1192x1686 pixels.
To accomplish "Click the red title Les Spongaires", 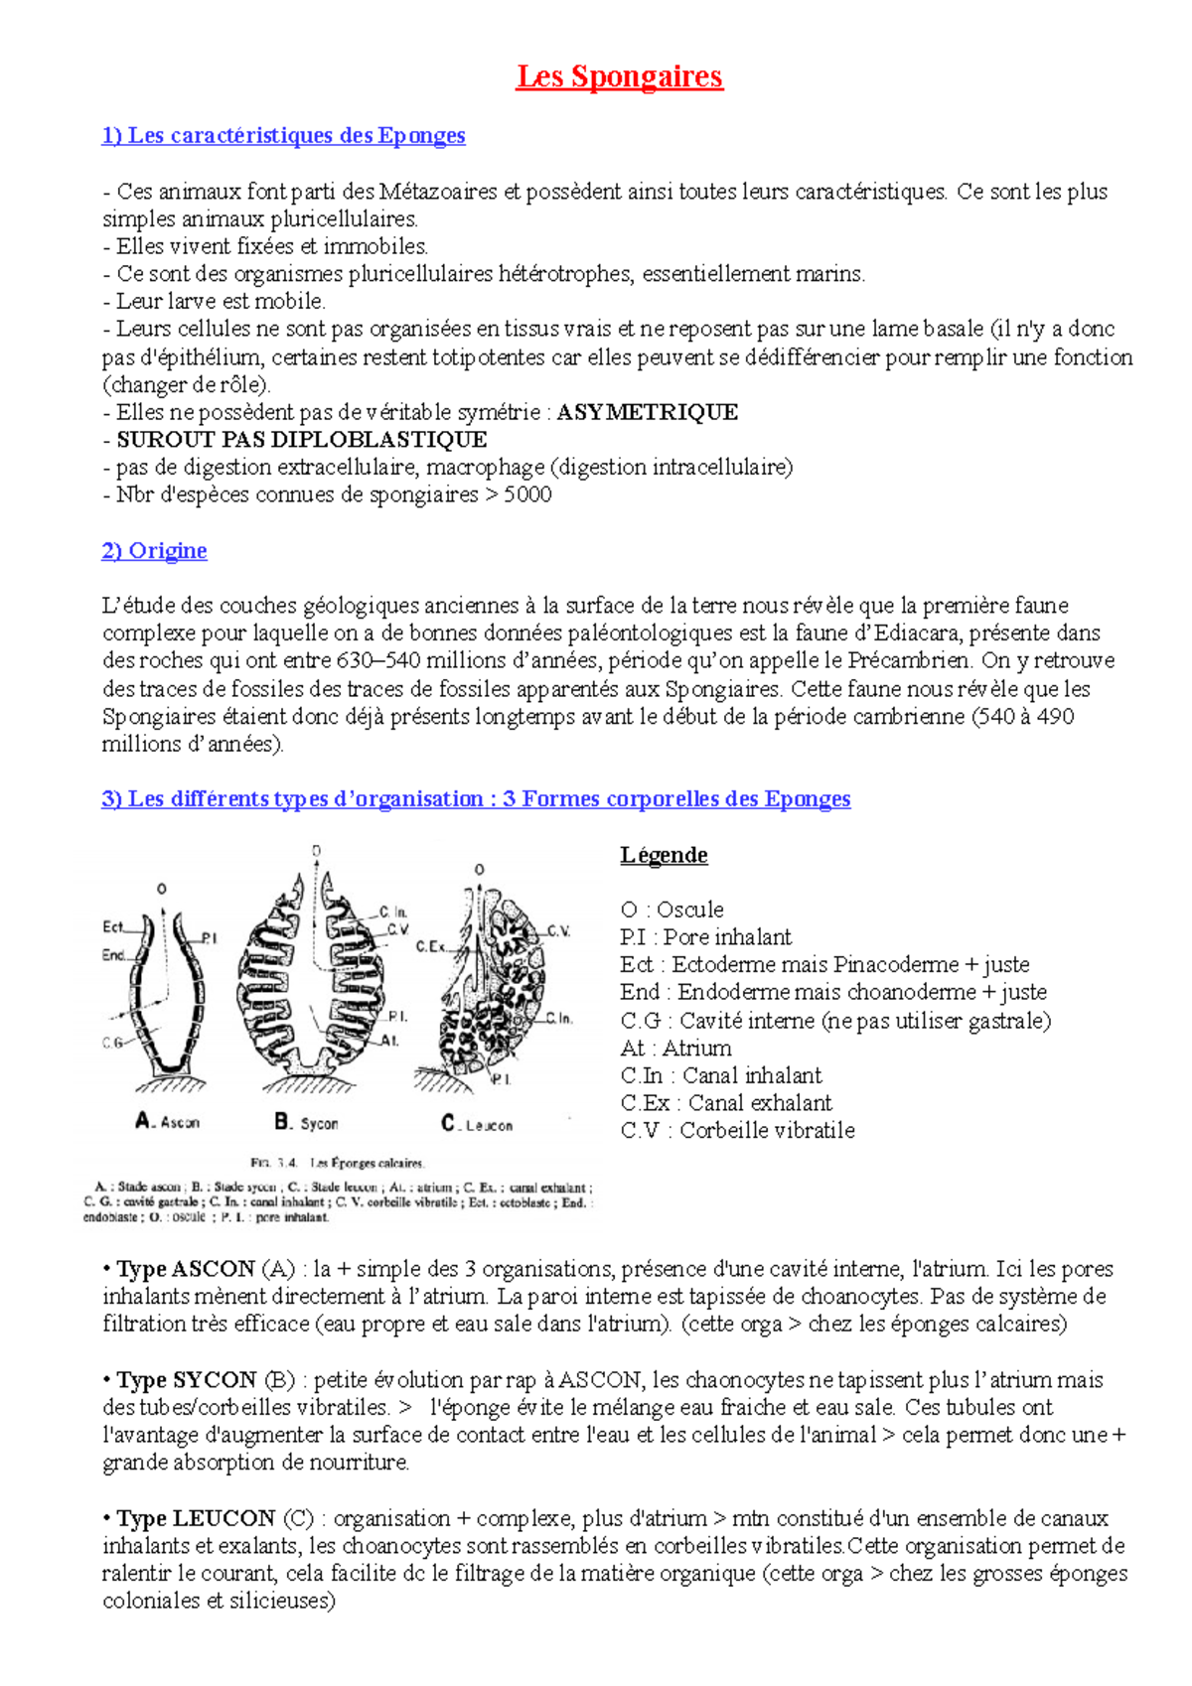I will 619,76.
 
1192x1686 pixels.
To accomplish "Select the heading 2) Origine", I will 154,550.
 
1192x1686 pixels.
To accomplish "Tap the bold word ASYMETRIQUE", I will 647,412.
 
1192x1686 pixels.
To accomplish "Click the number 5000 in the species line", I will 527,494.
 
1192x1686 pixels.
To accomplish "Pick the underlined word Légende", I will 664,855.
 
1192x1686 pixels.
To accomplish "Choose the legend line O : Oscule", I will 671,910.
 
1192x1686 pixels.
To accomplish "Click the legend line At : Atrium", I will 675,1048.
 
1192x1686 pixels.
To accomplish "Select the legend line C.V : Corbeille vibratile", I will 737,1130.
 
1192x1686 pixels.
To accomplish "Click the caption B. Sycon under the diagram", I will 306,1123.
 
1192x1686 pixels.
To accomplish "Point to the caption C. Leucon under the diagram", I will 477,1124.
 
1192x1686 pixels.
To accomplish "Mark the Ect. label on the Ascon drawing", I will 113,926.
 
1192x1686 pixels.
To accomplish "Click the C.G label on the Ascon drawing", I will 112,1043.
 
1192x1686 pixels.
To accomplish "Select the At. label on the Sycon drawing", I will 390,1041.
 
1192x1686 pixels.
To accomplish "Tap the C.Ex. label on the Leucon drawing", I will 430,946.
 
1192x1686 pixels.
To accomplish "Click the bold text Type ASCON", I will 186,1269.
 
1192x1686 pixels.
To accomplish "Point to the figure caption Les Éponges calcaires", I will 367,1163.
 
